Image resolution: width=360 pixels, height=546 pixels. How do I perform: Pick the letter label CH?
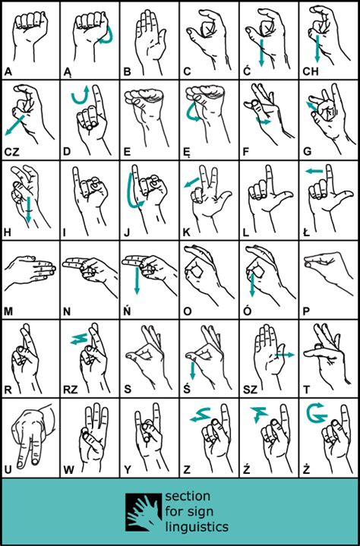tap(312, 72)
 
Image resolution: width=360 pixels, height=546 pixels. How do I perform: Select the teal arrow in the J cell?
tap(132, 194)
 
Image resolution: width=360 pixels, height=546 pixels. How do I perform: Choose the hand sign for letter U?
tap(29, 437)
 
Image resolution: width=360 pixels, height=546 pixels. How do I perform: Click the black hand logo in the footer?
tap(143, 512)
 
